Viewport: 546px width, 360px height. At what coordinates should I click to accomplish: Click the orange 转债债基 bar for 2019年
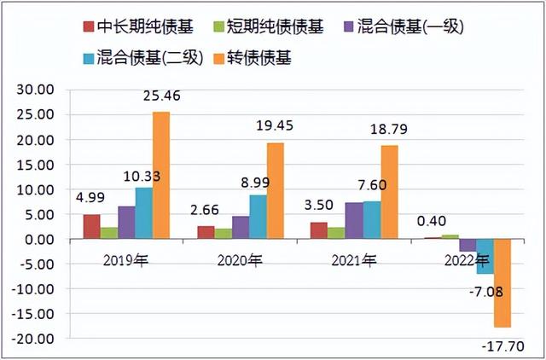pyautogui.click(x=161, y=176)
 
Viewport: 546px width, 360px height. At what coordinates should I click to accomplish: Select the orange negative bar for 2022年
pyautogui.click(x=502, y=283)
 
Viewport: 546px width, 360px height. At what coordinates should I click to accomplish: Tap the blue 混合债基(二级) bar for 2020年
pyautogui.click(x=258, y=218)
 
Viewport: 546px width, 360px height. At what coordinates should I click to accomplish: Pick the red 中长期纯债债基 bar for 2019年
pyautogui.click(x=91, y=227)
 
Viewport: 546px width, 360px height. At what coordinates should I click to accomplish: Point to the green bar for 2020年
pyautogui.click(x=223, y=234)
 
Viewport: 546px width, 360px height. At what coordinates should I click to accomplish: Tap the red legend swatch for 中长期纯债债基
pyautogui.click(x=89, y=27)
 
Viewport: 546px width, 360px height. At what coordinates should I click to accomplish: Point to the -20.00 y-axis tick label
pyautogui.click(x=34, y=339)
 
